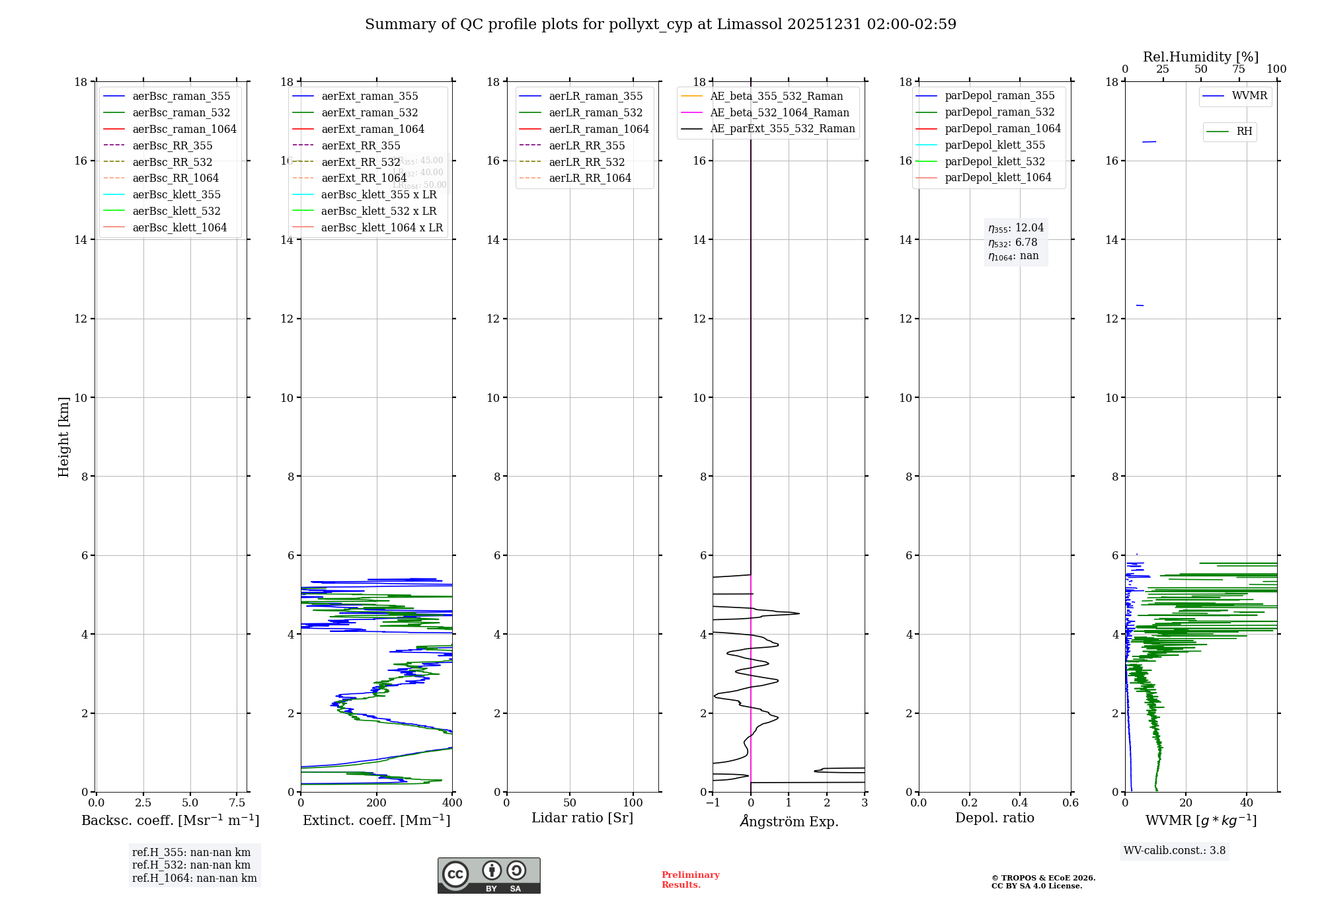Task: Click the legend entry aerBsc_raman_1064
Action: [x=184, y=129]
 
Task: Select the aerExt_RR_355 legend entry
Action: [x=360, y=145]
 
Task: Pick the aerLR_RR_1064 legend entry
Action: [x=590, y=178]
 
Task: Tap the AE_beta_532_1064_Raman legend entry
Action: [x=779, y=112]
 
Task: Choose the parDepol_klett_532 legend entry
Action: [x=995, y=161]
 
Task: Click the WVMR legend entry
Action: [x=1249, y=96]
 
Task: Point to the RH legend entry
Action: [x=1244, y=132]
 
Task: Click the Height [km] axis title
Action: [x=63, y=436]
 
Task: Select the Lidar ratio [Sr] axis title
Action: [x=582, y=818]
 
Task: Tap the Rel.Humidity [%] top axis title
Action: [x=1200, y=57]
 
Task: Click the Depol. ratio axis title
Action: [x=994, y=818]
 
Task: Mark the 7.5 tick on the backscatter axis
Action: [x=237, y=803]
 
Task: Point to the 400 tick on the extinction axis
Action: [x=453, y=803]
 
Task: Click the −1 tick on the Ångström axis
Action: [x=713, y=803]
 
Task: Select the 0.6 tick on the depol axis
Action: [x=1070, y=803]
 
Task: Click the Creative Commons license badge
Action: [x=488, y=875]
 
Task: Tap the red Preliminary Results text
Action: [x=690, y=880]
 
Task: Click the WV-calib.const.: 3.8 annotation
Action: [x=1175, y=851]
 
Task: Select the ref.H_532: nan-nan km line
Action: [x=191, y=865]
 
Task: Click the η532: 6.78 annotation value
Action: [x=1013, y=243]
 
